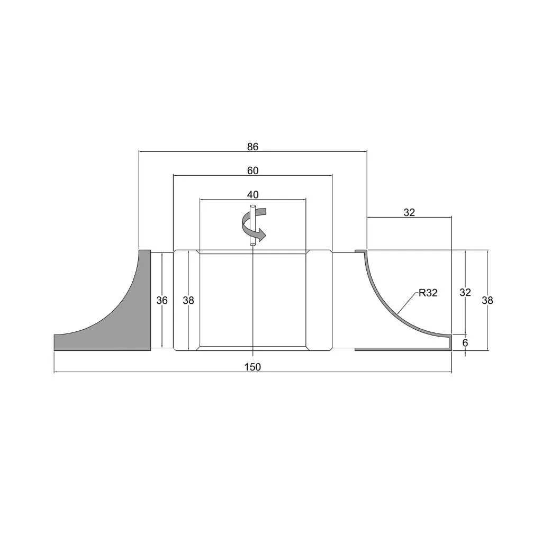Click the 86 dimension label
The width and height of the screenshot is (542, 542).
point(252,147)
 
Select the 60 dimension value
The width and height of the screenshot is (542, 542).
point(252,171)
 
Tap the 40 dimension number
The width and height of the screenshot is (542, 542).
point(252,195)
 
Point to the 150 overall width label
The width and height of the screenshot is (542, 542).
point(252,367)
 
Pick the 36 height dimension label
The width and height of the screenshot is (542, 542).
point(162,301)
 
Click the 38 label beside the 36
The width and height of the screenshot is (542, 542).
point(188,301)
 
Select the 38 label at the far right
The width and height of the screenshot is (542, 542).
point(487,301)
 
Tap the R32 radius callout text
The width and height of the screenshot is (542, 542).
point(428,293)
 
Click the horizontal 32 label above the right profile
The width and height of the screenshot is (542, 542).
point(409,213)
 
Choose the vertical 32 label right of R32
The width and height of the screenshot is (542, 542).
point(465,292)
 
